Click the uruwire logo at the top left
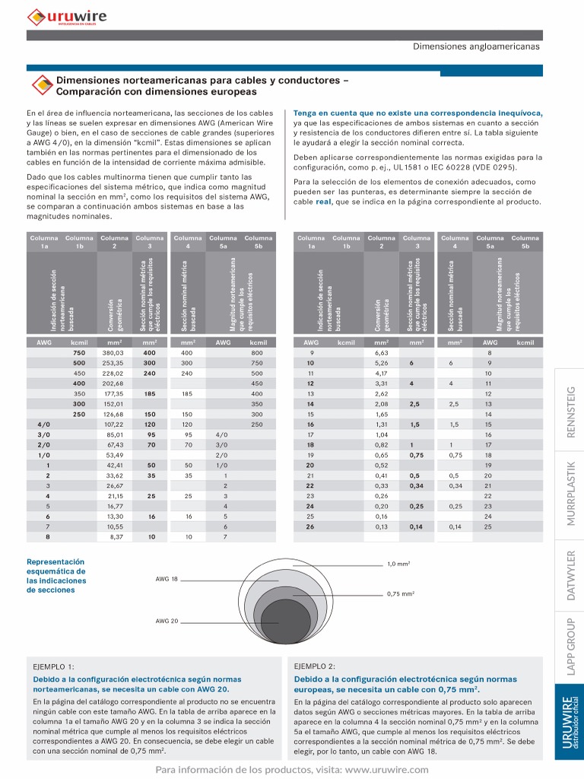pos(67,16)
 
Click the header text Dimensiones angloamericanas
pos(476,46)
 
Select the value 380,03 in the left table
pos(113,353)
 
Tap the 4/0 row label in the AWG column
pos(43,424)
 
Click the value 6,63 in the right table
pos(381,353)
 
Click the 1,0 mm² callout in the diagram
pos(398,564)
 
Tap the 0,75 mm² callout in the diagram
pos(400,593)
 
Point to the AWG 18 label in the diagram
pos(167,579)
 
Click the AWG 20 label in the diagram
pos(167,621)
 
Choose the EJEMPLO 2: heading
pos(315,666)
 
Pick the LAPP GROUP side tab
pos(571,646)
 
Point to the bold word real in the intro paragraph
pos(323,202)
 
